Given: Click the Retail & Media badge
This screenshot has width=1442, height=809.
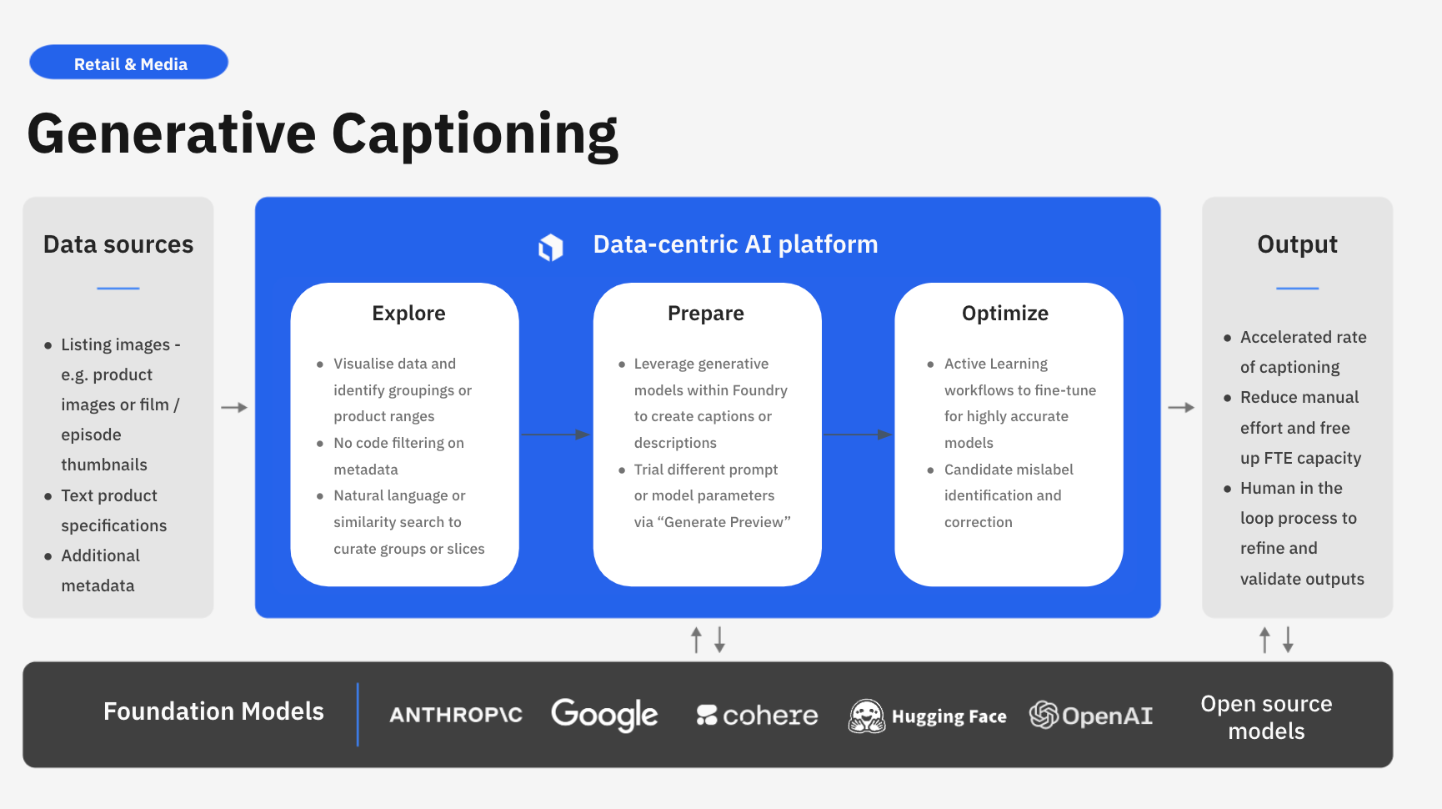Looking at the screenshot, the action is point(129,63).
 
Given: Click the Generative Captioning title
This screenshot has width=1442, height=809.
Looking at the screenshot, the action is point(323,134).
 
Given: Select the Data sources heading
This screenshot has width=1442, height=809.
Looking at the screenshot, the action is point(118,244).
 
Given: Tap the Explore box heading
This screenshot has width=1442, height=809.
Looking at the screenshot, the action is point(408,314).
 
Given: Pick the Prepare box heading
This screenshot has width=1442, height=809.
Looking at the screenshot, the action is point(706,314).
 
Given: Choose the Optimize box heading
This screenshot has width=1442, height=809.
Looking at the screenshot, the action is point(1005,314).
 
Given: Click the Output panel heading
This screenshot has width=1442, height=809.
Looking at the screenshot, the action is point(1297,244).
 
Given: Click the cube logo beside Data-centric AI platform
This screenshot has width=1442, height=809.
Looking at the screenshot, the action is point(551,247).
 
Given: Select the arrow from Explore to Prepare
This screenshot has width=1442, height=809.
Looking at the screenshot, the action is point(555,435).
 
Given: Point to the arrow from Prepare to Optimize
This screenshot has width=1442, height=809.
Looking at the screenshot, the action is point(858,435).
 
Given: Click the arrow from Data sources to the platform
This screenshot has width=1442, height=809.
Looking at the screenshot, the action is point(234,408).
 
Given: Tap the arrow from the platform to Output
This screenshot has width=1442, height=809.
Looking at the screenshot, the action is point(1181,408).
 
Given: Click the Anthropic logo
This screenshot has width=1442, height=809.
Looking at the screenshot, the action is point(456,715).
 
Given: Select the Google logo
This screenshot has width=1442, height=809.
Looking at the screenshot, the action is point(604,715).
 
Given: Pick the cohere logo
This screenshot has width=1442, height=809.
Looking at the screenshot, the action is point(758,716).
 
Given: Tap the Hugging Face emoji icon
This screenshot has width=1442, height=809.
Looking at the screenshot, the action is point(867,716).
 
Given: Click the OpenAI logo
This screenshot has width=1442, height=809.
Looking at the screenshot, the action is point(1091,716).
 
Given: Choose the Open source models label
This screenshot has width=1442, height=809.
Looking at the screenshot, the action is point(1266,717).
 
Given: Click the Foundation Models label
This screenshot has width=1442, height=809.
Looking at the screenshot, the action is point(213,711).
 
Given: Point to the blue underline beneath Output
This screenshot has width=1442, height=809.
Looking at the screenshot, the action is point(1297,289).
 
